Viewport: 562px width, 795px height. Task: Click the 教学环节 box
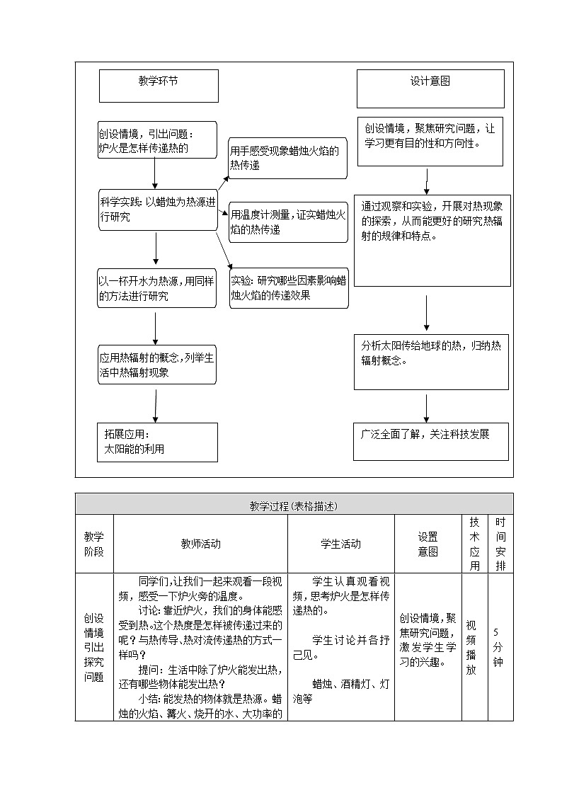[x=159, y=85]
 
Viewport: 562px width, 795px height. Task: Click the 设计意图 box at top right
[x=430, y=88]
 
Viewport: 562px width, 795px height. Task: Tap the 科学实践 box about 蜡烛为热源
[x=157, y=210]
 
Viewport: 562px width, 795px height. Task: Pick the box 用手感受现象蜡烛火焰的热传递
[x=287, y=158]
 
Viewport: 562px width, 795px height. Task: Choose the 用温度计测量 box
[x=287, y=222]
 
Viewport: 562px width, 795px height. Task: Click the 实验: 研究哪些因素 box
[x=289, y=288]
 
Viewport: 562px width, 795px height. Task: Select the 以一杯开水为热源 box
[x=157, y=288]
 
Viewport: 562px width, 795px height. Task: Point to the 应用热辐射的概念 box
[x=157, y=365]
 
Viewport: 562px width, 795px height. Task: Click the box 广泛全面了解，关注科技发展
[x=430, y=442]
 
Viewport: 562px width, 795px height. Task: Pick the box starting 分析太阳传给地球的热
[x=430, y=361]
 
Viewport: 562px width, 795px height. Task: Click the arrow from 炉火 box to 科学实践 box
[x=155, y=173]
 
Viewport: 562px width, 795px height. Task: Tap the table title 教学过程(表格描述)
[x=294, y=505]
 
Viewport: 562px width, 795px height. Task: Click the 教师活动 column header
[x=200, y=544]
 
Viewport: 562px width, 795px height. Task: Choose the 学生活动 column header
[x=340, y=544]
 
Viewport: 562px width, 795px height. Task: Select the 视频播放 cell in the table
[x=471, y=647]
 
